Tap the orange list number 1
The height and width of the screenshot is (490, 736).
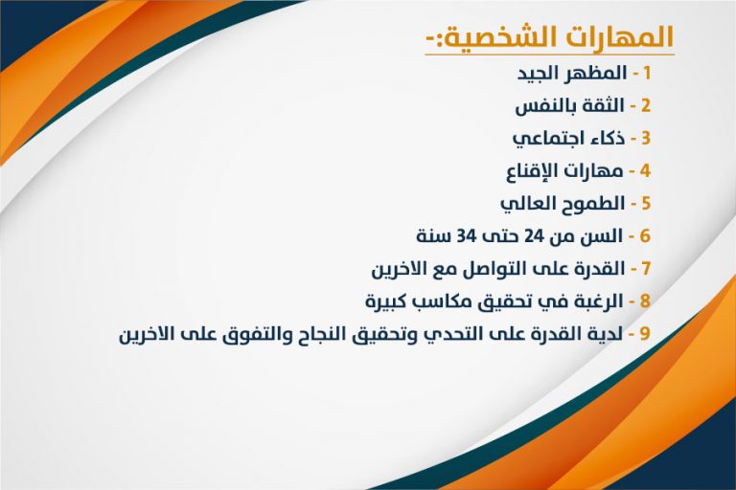click(x=647, y=73)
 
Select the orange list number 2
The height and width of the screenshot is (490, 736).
click(x=646, y=105)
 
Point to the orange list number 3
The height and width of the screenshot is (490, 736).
click(x=646, y=139)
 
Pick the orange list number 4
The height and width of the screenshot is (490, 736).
click(x=645, y=170)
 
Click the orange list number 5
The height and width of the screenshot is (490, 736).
click(x=646, y=204)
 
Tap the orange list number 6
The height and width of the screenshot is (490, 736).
click(x=645, y=235)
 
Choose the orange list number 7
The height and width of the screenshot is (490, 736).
click(x=646, y=269)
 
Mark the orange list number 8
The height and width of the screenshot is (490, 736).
click(x=645, y=301)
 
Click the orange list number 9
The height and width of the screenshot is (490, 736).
click(x=645, y=334)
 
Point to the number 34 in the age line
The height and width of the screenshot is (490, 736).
click(x=466, y=235)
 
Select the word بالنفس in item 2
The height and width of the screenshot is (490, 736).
click(x=540, y=106)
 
